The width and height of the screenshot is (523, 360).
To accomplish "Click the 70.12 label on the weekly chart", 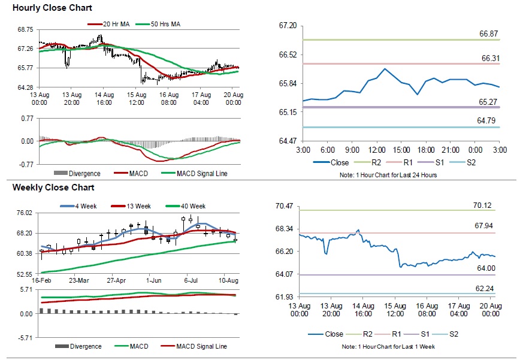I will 482,205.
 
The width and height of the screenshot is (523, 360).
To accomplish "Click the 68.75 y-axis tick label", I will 25,29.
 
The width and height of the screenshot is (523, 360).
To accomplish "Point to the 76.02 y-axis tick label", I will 25,213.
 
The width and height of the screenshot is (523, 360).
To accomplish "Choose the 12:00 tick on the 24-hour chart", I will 377,149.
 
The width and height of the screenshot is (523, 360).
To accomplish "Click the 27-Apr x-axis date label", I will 116,280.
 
